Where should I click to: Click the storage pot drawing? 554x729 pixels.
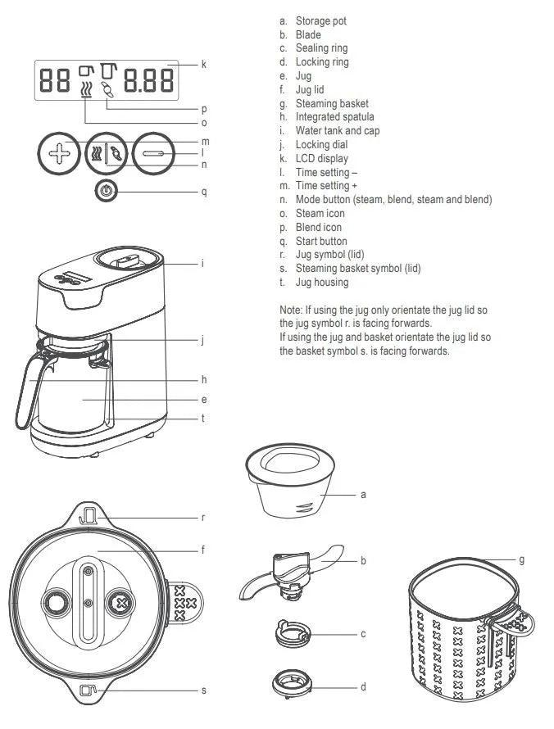tap(290, 484)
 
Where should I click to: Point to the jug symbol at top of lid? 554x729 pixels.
tap(87, 517)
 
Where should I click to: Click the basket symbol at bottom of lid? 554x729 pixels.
tap(87, 690)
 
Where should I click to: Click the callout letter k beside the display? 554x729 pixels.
tap(203, 63)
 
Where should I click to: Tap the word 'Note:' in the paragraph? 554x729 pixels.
tap(293, 310)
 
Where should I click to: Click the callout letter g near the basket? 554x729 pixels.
tap(521, 560)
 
